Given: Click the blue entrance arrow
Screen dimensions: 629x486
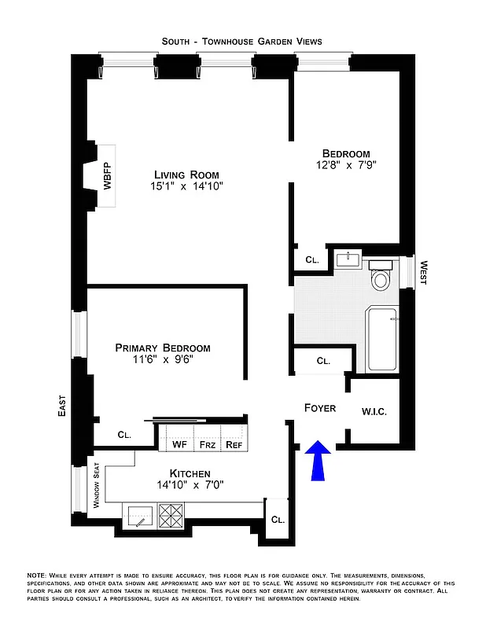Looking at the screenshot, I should tap(318, 460).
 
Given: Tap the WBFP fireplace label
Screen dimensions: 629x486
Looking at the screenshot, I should tap(106, 176).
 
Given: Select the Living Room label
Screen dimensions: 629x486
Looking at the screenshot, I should tap(186, 175).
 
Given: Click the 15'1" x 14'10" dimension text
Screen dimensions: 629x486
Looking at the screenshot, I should tap(186, 187).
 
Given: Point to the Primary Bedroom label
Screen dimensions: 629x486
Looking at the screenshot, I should tap(163, 348).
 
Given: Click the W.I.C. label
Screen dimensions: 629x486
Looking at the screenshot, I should tap(374, 411).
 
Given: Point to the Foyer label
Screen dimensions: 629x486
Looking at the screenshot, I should tap(320, 408).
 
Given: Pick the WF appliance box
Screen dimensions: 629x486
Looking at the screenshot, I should tap(178, 444).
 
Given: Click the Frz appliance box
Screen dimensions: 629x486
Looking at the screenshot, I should tap(207, 444).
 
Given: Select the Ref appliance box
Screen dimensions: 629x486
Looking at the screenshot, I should tap(234, 444).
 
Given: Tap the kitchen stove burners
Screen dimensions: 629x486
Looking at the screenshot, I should tap(171, 516).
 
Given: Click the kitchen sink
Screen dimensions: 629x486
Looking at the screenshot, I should tap(138, 516).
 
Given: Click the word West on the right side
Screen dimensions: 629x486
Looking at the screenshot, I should tap(422, 273).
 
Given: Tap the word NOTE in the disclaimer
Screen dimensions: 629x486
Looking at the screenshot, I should tap(36, 576).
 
